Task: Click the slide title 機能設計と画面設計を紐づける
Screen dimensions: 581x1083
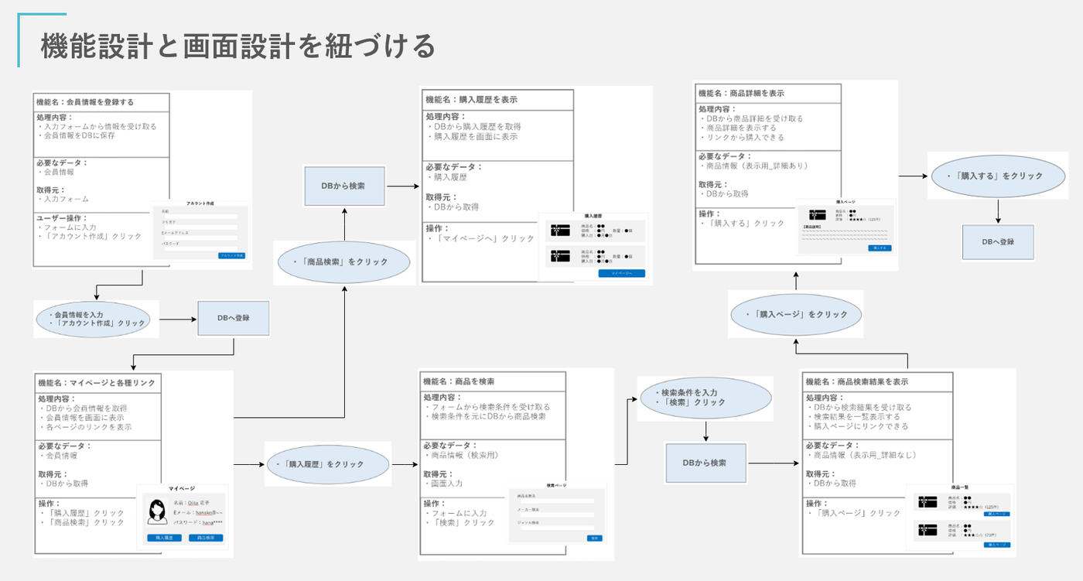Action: coord(237,46)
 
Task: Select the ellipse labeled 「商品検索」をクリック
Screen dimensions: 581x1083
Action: coord(343,262)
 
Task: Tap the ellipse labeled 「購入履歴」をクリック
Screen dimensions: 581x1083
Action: coord(326,464)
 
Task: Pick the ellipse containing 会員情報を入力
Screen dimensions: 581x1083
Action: coord(96,319)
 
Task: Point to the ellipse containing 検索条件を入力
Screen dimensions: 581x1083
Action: coord(705,397)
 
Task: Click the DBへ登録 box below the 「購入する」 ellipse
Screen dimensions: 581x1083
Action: coord(998,242)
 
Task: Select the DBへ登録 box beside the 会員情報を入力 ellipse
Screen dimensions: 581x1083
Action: coord(233,318)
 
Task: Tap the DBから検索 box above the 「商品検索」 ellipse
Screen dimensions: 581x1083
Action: coord(343,186)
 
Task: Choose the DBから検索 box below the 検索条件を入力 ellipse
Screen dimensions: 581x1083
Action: coord(706,463)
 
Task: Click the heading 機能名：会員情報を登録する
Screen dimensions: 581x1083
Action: coord(85,102)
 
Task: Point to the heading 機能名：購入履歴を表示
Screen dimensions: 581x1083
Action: coord(471,100)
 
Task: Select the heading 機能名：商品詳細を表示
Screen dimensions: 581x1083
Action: coord(741,93)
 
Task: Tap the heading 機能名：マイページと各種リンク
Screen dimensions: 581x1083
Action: coord(96,382)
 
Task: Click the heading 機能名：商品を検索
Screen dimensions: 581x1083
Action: coord(459,381)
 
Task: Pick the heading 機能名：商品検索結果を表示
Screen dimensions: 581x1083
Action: coord(856,381)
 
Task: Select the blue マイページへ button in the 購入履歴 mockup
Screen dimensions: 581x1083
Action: coord(621,273)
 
